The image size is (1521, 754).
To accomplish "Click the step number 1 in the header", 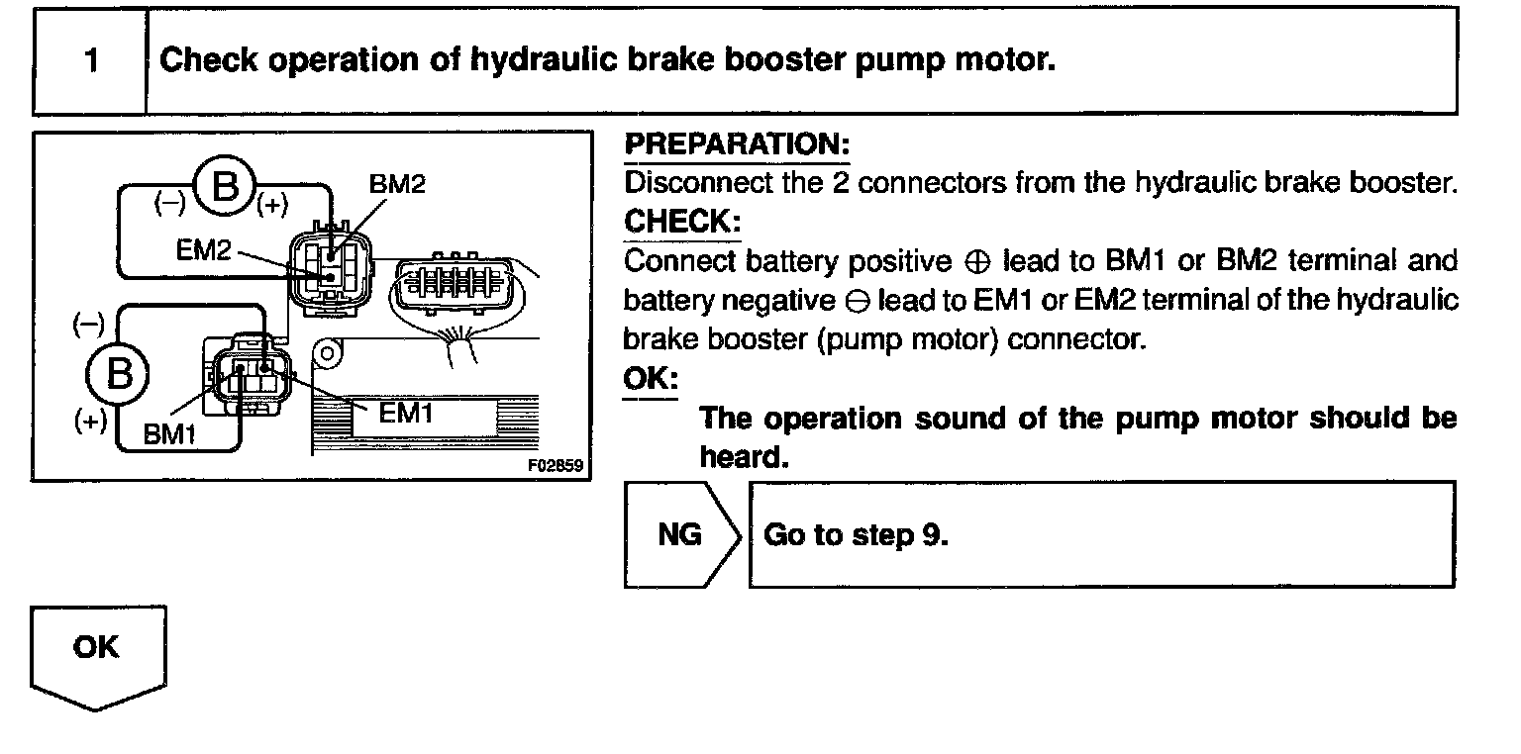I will tap(91, 61).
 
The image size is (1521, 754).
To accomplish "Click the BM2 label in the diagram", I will tap(396, 185).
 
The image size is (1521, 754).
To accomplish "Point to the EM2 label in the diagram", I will tap(203, 250).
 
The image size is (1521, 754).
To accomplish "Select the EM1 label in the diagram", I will tap(407, 413).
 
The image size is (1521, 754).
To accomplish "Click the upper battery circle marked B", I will tap(226, 186).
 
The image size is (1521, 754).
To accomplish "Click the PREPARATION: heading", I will tap(737, 144).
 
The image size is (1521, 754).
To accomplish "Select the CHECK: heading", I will tap(682, 222).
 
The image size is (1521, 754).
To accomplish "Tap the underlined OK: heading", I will tap(650, 379).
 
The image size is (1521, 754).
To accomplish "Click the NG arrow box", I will tap(681, 535).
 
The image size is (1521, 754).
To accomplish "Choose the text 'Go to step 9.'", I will tap(857, 535).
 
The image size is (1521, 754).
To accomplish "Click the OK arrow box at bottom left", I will tap(98, 652).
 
